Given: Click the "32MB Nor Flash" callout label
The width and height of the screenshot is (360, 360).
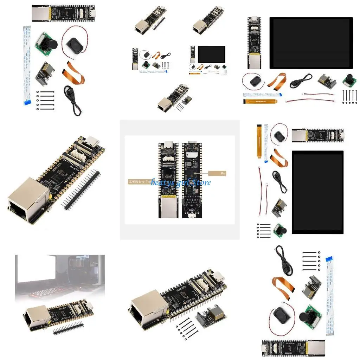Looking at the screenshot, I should [x=139, y=182].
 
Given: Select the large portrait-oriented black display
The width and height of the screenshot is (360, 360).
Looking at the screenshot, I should [x=317, y=192].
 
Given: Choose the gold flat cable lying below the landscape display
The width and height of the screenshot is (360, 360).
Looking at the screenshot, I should [x=259, y=101].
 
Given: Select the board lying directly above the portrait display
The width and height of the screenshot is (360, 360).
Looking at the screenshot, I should [x=317, y=135].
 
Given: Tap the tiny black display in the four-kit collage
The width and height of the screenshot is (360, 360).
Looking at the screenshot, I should [x=212, y=53].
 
